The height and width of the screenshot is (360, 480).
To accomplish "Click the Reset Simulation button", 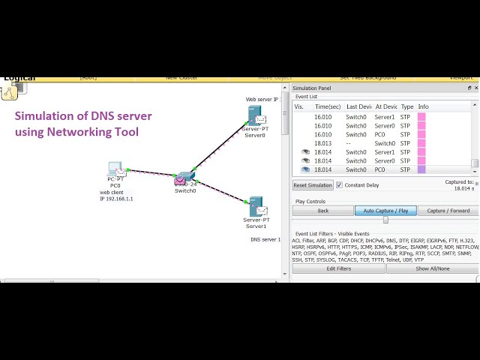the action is click(x=313, y=185).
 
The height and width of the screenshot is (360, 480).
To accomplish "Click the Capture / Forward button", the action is click(x=448, y=211).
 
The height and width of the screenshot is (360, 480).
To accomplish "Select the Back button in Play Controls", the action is click(x=322, y=211).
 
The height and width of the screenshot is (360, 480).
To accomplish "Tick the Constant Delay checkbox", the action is click(x=339, y=185).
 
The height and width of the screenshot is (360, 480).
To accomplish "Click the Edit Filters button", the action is click(x=338, y=268).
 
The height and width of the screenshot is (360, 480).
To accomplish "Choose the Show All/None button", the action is click(x=433, y=268).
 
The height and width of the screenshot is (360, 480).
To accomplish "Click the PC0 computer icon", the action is click(x=115, y=169).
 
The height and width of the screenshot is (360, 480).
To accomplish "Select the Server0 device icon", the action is click(x=256, y=115).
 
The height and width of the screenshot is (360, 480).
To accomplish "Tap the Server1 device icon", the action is click(x=256, y=205).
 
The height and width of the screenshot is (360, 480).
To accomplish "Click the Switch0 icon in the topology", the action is click(x=184, y=179).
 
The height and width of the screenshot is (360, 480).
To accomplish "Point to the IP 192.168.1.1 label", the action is click(x=116, y=199).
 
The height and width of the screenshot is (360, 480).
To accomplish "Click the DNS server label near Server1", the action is click(x=265, y=239).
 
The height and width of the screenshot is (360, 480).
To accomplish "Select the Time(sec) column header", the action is click(x=328, y=107).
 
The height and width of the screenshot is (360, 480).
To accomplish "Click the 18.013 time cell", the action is click(x=323, y=143).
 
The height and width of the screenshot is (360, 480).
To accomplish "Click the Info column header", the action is click(x=423, y=107).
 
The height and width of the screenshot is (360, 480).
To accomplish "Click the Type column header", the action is click(x=407, y=107).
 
